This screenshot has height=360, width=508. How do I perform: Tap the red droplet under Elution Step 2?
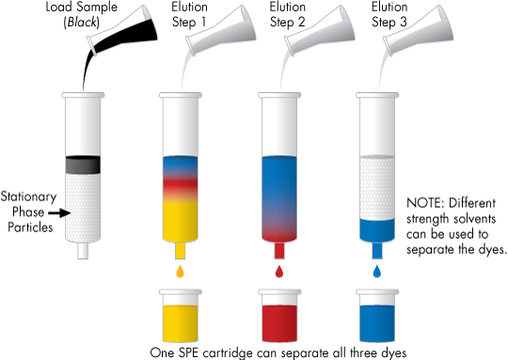coord(279,273)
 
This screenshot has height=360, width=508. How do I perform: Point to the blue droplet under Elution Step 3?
coord(378,273)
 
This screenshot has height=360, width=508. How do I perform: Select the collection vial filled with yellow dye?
coord(181,319)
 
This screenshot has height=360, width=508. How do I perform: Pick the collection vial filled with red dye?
coord(279,319)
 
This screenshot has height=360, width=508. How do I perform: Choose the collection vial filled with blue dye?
coord(378,319)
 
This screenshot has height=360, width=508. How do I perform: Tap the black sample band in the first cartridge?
coord(83,164)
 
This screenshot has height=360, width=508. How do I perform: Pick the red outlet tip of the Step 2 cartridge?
coord(279,251)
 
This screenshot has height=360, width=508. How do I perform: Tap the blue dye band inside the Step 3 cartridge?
coord(378,229)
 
